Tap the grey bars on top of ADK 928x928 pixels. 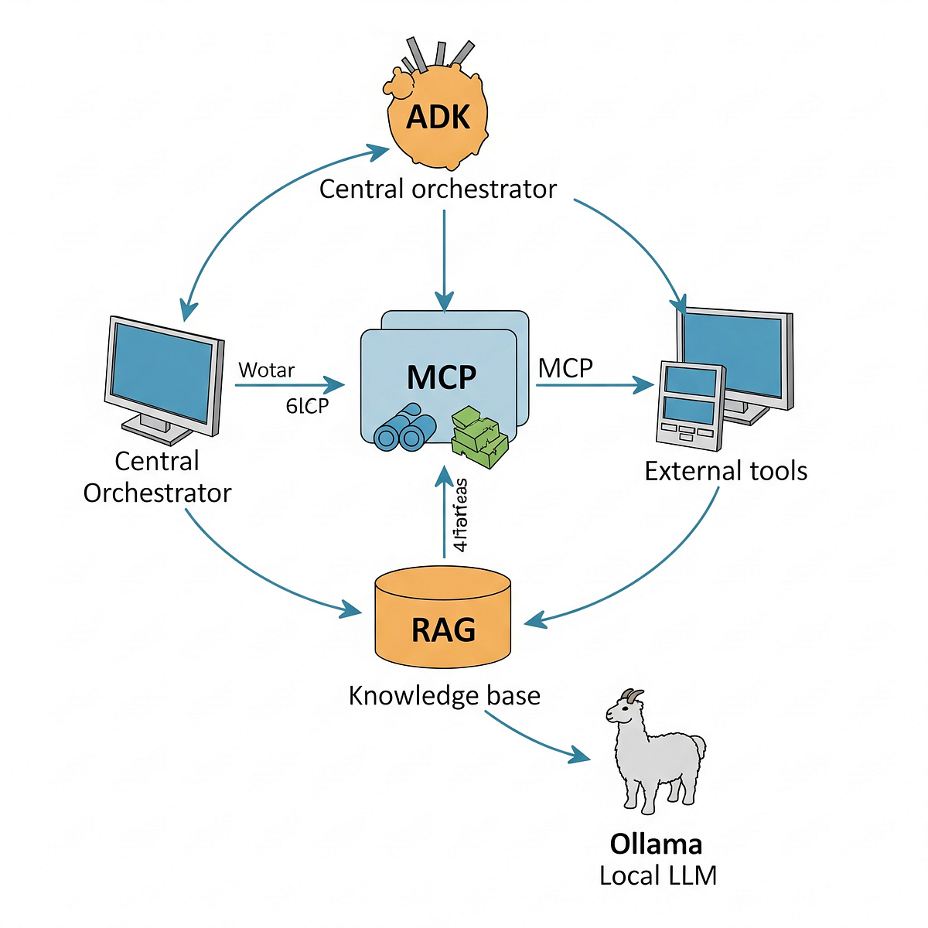438,55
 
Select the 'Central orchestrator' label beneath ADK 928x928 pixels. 438,189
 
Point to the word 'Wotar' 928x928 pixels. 266,370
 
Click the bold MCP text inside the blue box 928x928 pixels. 442,377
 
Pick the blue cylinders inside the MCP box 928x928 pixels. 404,428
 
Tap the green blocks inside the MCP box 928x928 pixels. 479,438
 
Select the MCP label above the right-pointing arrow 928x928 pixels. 565,368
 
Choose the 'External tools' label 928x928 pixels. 725,471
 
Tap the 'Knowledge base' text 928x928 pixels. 444,695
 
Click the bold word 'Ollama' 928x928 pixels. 656,844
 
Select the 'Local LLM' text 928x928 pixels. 658,875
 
